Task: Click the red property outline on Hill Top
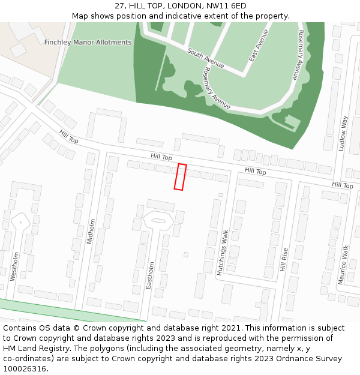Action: pos(180,177)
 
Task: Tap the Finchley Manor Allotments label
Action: pos(88,43)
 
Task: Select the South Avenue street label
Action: pos(206,58)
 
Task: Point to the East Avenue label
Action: pos(259,46)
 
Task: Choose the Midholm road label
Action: pos(92,232)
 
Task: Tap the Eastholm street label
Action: pos(150,275)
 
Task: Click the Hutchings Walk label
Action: pos(223,253)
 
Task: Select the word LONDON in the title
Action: pos(181,6)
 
